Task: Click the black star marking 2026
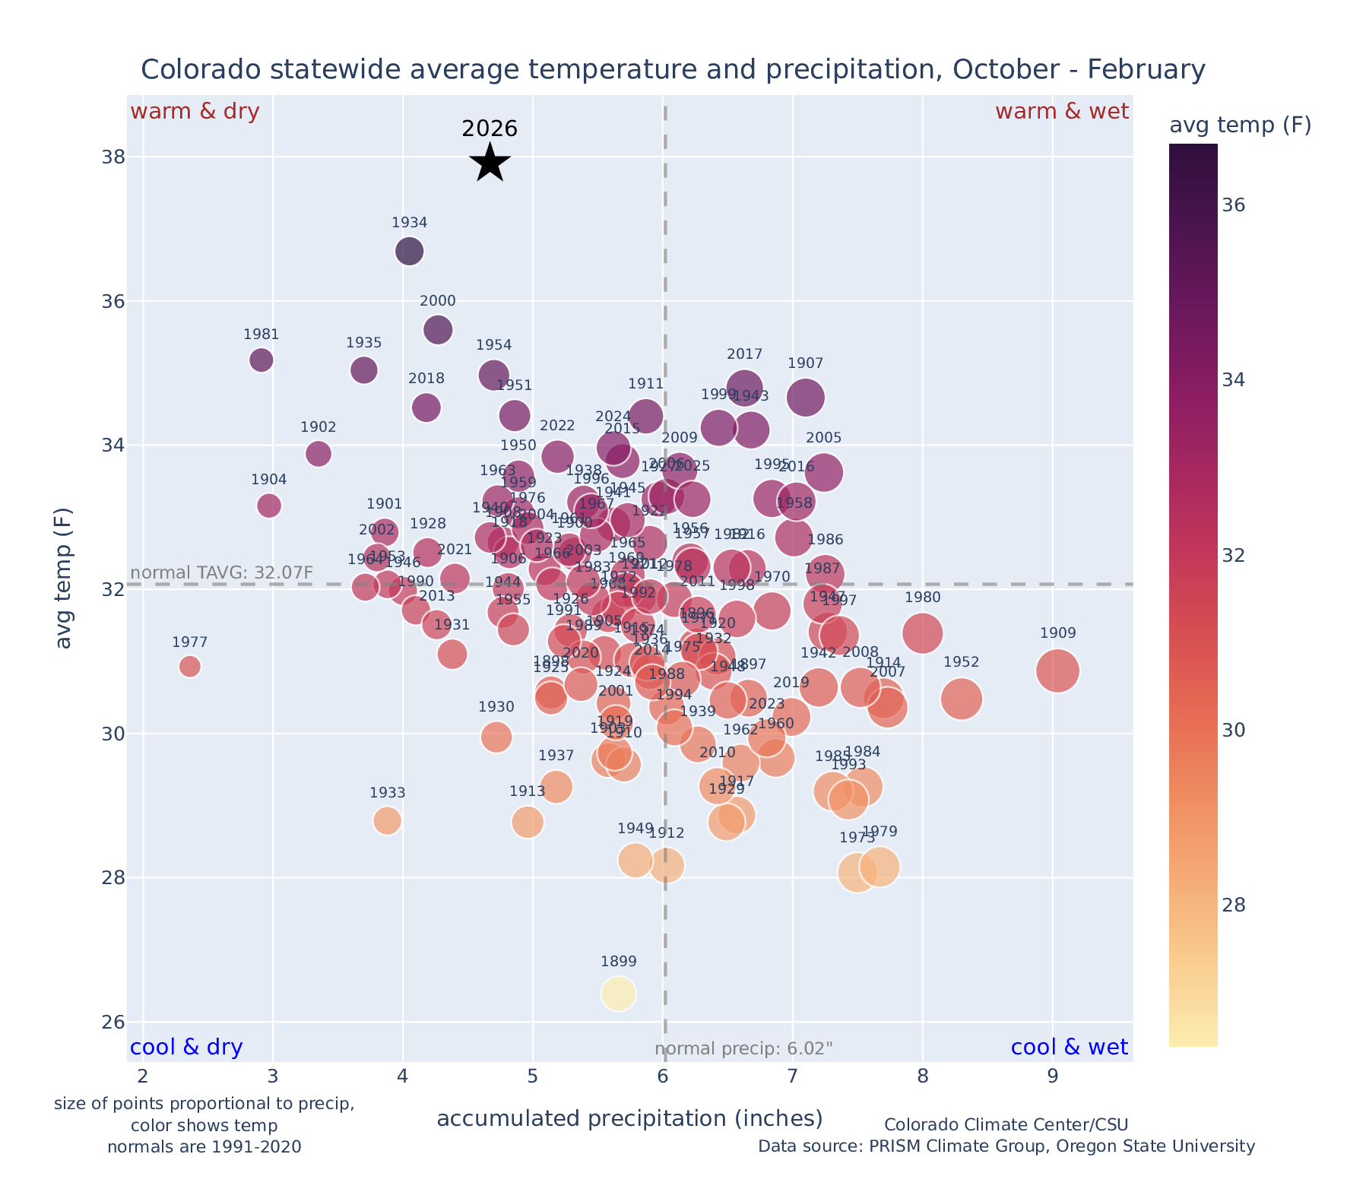point(490,162)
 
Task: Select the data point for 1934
point(409,251)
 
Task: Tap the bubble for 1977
point(190,666)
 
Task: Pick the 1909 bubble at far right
point(1057,671)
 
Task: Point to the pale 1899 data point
point(619,994)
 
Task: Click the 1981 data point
point(261,360)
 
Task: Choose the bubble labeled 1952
point(962,699)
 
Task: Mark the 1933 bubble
point(387,820)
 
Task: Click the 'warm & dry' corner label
point(195,112)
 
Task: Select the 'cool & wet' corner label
point(1069,1048)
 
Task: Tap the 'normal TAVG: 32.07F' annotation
point(222,572)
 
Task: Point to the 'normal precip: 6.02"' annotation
point(743,1049)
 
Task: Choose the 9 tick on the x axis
point(1053,1076)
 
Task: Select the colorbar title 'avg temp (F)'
point(1240,125)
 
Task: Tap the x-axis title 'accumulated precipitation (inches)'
point(629,1118)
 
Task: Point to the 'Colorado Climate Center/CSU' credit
point(1006,1125)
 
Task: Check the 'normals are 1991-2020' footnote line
point(204,1146)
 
